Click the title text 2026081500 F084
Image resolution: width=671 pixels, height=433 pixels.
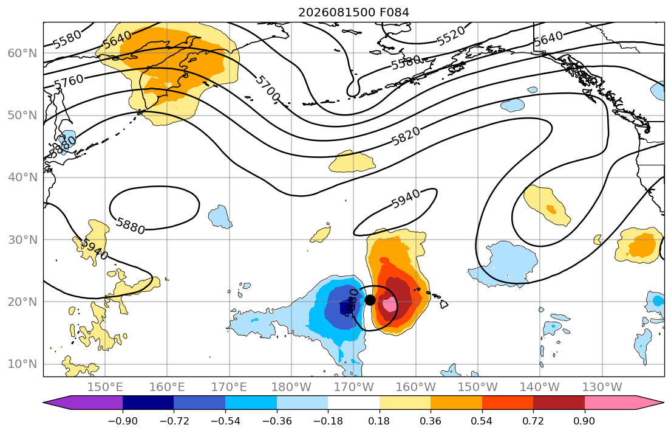[x=353, y=12]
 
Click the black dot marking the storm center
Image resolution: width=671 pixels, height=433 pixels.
[x=370, y=300]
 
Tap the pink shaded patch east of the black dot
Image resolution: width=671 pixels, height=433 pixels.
[x=389, y=305]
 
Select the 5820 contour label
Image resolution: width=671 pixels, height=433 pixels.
[x=406, y=137]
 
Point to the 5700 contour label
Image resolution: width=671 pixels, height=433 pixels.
[x=267, y=89]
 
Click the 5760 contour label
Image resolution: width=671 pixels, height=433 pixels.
[x=69, y=81]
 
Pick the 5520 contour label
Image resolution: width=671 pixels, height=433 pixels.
[x=451, y=36]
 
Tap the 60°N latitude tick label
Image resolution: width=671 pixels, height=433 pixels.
[x=22, y=53]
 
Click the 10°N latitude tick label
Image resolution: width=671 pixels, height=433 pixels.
[x=22, y=364]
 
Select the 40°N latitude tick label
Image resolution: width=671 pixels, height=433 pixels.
[x=22, y=178]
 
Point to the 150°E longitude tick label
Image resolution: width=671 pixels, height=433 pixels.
[x=105, y=387]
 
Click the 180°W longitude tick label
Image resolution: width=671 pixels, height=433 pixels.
[x=292, y=387]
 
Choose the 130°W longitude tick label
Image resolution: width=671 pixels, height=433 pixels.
[x=602, y=387]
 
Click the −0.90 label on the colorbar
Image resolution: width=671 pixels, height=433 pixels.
[x=123, y=421]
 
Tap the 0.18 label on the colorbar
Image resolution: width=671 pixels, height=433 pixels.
[x=379, y=421]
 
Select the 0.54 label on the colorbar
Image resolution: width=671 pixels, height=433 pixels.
[x=482, y=421]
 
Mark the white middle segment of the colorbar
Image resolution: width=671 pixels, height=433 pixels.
[x=353, y=403]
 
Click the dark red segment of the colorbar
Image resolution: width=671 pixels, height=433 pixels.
[x=559, y=403]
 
